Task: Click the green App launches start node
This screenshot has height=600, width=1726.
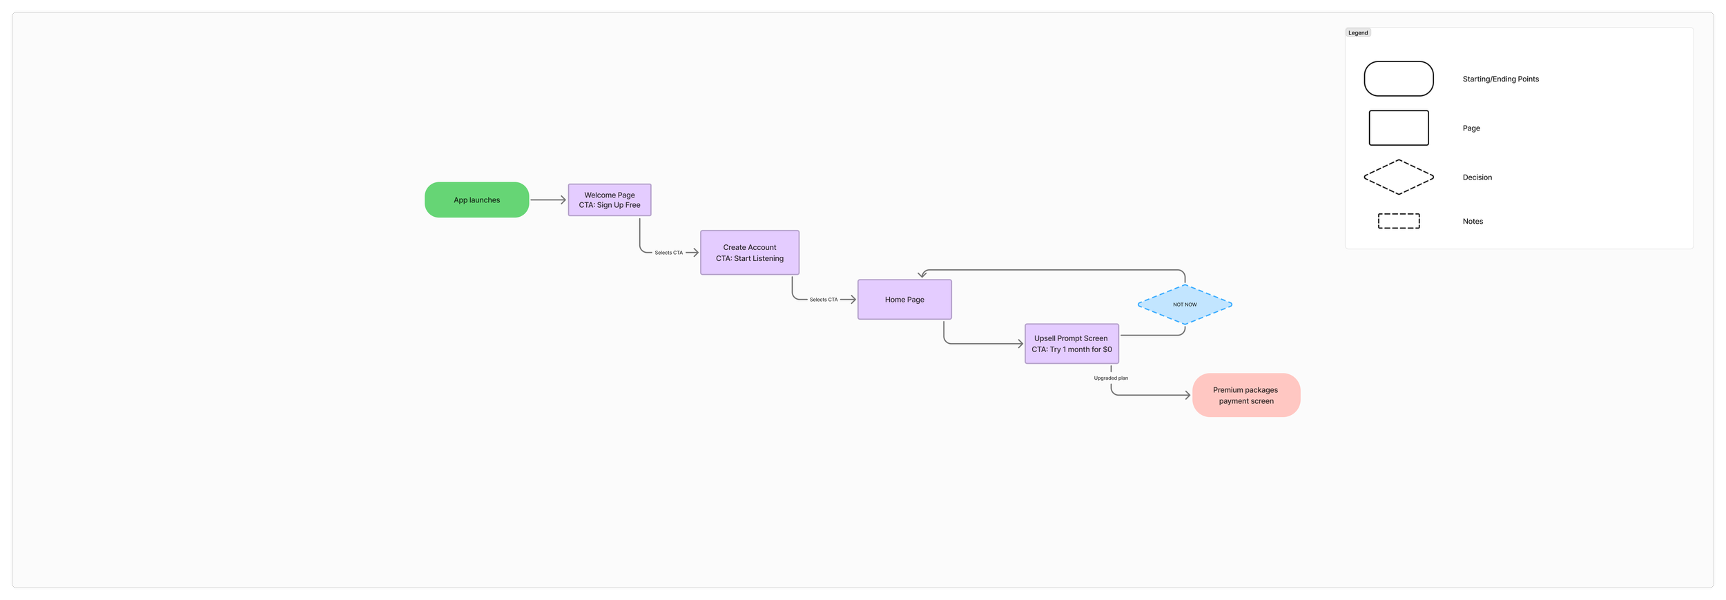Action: (476, 200)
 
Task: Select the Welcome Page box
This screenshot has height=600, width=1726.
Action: (610, 200)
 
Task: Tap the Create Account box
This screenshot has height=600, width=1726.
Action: (750, 253)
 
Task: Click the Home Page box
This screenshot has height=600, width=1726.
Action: (904, 300)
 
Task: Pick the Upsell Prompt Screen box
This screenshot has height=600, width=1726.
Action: (1072, 344)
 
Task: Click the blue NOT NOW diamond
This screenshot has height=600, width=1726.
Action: (1185, 304)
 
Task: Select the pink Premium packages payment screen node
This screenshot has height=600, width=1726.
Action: (1246, 396)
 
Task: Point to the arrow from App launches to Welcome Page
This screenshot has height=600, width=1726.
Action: (548, 200)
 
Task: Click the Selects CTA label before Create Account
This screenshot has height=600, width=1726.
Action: (668, 253)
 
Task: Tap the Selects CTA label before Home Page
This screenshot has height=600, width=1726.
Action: (823, 300)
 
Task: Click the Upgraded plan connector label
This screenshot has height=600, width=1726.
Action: (1111, 378)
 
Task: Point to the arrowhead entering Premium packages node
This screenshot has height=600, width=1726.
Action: (1187, 396)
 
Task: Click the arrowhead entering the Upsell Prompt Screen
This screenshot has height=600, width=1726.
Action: (1020, 344)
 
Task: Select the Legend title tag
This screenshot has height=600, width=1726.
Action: (1358, 33)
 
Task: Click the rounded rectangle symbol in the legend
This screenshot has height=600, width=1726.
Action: (1399, 79)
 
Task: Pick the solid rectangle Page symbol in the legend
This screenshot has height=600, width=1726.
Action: (1399, 128)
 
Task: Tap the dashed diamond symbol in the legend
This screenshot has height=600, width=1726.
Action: (1399, 177)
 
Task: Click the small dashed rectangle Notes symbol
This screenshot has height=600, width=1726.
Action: (1399, 221)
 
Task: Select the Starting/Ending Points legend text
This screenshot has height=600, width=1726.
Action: (1500, 79)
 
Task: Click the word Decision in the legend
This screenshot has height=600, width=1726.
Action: (1477, 177)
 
